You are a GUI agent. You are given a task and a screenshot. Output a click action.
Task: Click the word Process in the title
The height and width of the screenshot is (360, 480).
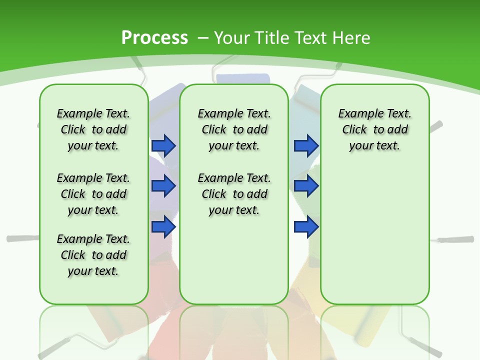pyautogui.click(x=154, y=37)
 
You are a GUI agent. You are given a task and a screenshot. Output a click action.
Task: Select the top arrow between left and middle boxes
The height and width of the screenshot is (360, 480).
pyautogui.click(x=163, y=145)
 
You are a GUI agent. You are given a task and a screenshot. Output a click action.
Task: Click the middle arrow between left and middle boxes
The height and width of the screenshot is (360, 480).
pyautogui.click(x=163, y=186)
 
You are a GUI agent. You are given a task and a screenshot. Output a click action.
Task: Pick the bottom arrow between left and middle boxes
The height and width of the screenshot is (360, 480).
pyautogui.click(x=163, y=226)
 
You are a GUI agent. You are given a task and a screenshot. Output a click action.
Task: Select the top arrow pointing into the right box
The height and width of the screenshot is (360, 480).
pyautogui.click(x=306, y=145)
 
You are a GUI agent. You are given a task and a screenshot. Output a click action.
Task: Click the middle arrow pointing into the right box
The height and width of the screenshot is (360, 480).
pyautogui.click(x=306, y=186)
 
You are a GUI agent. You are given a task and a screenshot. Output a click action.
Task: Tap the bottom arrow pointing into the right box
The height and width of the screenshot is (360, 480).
pyautogui.click(x=306, y=226)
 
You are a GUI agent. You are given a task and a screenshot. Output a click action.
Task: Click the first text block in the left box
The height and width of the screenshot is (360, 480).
pyautogui.click(x=93, y=129)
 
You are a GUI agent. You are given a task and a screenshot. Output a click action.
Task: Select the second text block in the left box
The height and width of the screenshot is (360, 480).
pyautogui.click(x=93, y=194)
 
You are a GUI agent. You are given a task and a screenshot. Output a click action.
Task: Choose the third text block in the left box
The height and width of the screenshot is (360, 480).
pyautogui.click(x=93, y=255)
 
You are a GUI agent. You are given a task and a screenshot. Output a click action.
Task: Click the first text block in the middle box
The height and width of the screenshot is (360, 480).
pyautogui.click(x=234, y=129)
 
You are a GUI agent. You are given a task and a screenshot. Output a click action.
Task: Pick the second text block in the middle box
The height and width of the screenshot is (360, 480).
pyautogui.click(x=234, y=194)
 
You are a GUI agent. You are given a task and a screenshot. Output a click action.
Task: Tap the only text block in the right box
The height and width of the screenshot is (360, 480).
pyautogui.click(x=374, y=129)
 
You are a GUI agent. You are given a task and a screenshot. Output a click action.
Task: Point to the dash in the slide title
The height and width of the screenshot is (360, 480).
pyautogui.click(x=203, y=38)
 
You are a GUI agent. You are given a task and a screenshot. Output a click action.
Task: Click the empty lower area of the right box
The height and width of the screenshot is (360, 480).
pyautogui.click(x=374, y=240)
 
